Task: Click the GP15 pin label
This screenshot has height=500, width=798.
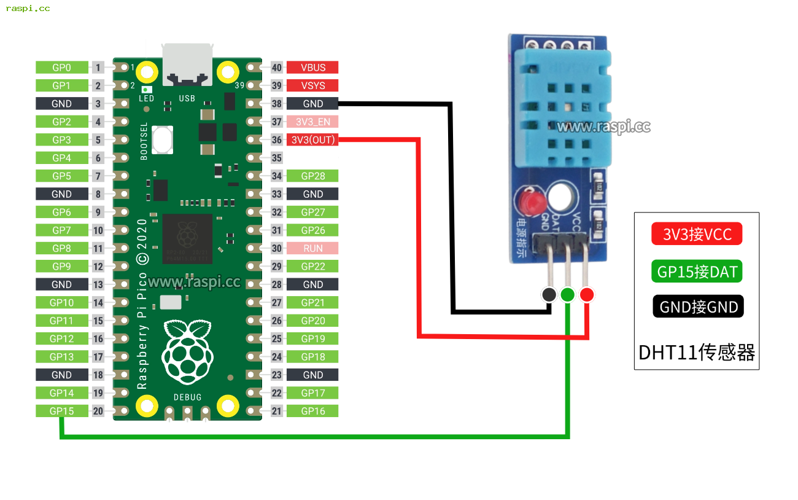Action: (x=61, y=411)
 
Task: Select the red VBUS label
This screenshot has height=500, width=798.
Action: (x=312, y=68)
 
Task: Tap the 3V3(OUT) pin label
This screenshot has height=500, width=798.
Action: (x=312, y=140)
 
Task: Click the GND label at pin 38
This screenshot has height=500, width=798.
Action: (x=312, y=104)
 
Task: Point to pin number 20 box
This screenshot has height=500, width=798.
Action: (x=98, y=411)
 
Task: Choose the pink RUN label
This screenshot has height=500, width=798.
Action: (x=312, y=248)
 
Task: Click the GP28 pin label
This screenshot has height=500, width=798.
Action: (x=312, y=176)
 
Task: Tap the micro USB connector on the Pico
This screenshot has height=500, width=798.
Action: (x=187, y=64)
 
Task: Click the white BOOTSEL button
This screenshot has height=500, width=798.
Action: (x=162, y=139)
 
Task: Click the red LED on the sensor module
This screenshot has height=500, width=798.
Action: (x=529, y=200)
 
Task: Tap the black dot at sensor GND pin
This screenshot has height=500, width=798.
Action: (x=549, y=295)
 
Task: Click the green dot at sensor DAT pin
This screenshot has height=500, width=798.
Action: (x=568, y=295)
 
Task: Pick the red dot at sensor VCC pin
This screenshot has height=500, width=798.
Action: (x=587, y=295)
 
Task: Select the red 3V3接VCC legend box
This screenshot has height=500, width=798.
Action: (x=697, y=234)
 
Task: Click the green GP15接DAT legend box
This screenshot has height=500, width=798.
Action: (x=697, y=270)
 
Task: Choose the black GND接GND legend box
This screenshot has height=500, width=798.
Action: (x=698, y=306)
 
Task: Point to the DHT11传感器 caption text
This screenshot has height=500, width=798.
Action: (x=697, y=353)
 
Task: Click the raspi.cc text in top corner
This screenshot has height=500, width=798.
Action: (x=28, y=9)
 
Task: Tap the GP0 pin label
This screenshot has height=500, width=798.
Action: (x=61, y=68)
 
